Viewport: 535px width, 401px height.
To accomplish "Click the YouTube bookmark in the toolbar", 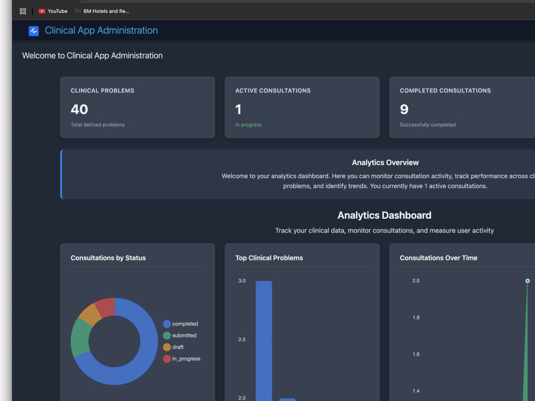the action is (53, 11).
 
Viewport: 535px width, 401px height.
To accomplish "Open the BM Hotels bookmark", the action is (102, 11).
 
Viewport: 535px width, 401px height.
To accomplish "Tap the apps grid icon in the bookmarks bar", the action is (23, 11).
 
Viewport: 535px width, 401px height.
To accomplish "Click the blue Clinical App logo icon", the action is (33, 31).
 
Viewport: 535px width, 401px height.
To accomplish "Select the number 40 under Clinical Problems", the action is (80, 110).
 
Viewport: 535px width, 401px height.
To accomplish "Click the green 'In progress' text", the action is (248, 125).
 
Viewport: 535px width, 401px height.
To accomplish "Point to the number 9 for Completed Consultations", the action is (404, 110).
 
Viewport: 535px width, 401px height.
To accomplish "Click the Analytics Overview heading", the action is (385, 163).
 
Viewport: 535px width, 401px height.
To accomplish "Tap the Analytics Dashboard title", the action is (385, 215).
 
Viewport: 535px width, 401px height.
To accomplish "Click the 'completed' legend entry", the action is (180, 324).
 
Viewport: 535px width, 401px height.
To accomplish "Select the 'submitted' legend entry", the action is (180, 336).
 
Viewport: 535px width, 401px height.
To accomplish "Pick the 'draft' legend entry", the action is (173, 347).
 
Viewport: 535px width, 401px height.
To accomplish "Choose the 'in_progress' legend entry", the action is (181, 359).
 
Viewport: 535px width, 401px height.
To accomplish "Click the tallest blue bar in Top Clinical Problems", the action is (264, 341).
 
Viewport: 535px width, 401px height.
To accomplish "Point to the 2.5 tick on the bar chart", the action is (242, 340).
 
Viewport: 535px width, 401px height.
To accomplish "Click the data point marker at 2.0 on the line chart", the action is (528, 281).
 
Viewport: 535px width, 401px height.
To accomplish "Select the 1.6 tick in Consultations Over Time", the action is (416, 354).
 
